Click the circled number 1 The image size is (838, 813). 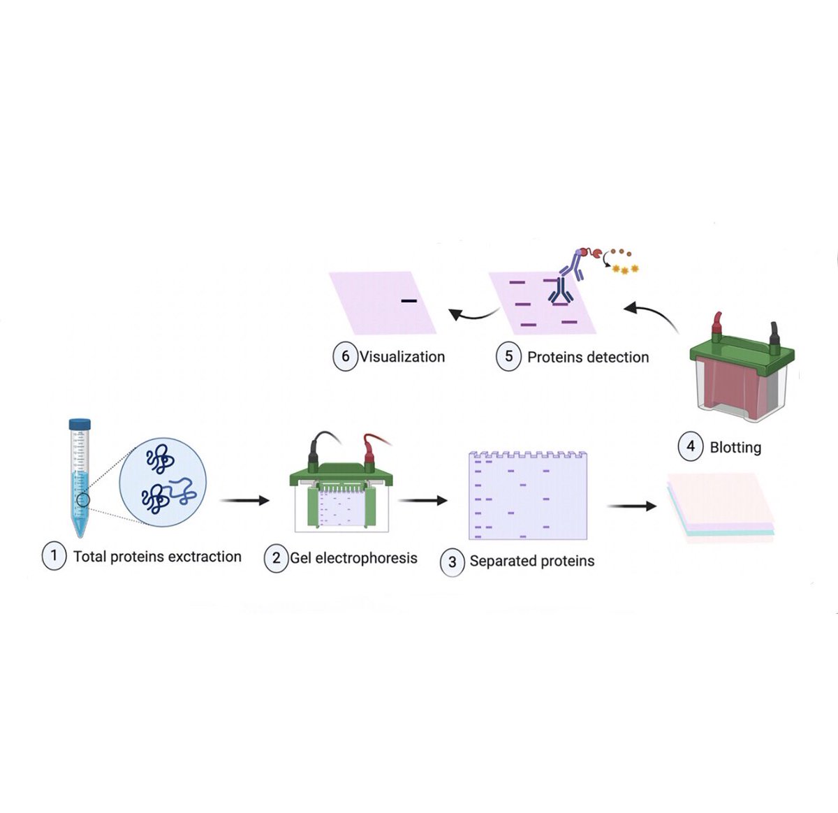coord(54,556)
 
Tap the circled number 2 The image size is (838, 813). coord(276,558)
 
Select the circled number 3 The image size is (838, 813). coord(452,562)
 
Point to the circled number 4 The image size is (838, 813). coord(691,446)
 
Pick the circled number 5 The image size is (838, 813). coord(508,356)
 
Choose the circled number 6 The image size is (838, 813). coord(345,356)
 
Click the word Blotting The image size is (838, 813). coord(735,447)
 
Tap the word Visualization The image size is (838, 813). coord(402,356)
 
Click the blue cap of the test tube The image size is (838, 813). coord(80,423)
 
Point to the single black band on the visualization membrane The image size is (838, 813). coord(409,301)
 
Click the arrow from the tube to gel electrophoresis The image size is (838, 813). coord(244,500)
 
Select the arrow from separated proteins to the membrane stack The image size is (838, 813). coord(631,506)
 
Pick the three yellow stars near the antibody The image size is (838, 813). coord(625,269)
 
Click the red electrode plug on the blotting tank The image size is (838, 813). coord(716,325)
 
